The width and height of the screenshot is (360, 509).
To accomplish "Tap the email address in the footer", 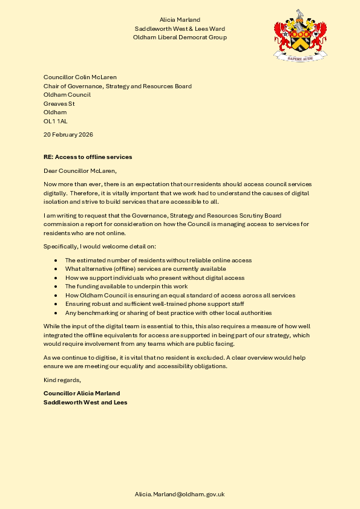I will tap(180, 494).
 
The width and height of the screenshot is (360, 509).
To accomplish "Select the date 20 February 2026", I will tap(68, 134).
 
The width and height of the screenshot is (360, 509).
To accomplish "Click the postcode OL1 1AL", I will tap(56, 121).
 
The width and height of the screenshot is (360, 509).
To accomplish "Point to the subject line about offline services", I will tap(88, 157).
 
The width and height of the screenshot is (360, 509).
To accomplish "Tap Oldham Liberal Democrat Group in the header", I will tap(180, 37).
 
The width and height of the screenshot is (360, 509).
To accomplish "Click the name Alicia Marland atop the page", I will tap(180, 21).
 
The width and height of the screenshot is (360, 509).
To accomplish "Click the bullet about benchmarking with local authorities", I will tap(168, 313).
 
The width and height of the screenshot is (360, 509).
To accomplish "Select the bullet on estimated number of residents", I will tap(158, 260).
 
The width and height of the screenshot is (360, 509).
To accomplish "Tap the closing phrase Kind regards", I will tap(62, 380).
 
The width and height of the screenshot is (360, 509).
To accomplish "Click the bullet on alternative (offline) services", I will tap(145, 268).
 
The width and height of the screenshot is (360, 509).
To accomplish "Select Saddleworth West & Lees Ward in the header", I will tap(180, 29).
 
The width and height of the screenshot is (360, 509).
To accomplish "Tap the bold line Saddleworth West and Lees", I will tap(85, 402).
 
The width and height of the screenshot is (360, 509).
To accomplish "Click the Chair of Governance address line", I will tap(117, 86).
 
